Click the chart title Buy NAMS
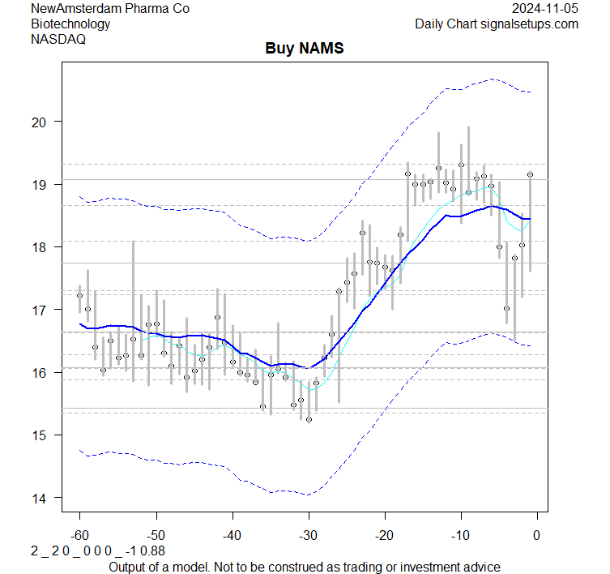coord(305,49)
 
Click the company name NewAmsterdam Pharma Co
coord(110,8)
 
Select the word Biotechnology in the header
coord(70,24)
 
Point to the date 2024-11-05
coord(545,8)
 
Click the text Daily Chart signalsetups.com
coord(497,24)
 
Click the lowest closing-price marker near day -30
coord(309,419)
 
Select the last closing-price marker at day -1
coord(530,174)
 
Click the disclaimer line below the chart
coord(305,566)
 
